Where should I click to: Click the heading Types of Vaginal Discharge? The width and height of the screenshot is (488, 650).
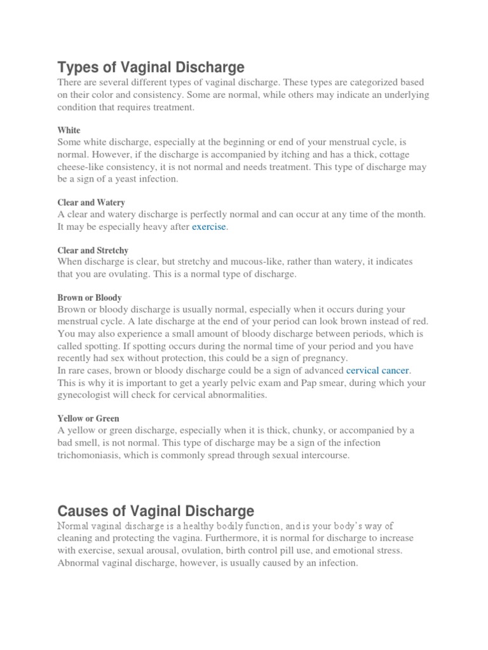click(151, 67)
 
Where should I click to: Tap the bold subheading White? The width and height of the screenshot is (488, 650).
click(69, 130)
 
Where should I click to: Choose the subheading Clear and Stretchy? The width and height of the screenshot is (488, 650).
click(93, 251)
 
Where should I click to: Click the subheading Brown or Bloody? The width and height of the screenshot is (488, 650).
click(90, 298)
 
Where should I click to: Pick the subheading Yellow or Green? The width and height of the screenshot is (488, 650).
click(88, 418)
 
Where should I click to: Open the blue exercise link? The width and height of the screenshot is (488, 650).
click(209, 227)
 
